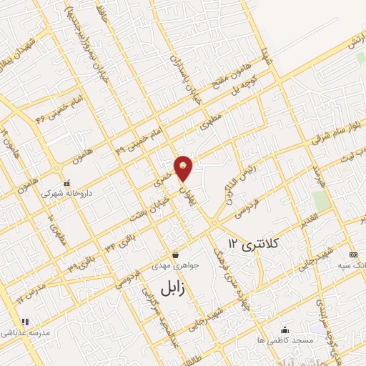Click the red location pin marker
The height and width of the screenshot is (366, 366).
click(184, 167)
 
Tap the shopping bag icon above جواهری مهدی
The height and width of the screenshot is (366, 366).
click(174, 254)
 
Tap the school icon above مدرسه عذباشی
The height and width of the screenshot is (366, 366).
click(25, 322)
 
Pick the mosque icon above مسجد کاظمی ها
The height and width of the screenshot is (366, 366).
click(285, 330)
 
